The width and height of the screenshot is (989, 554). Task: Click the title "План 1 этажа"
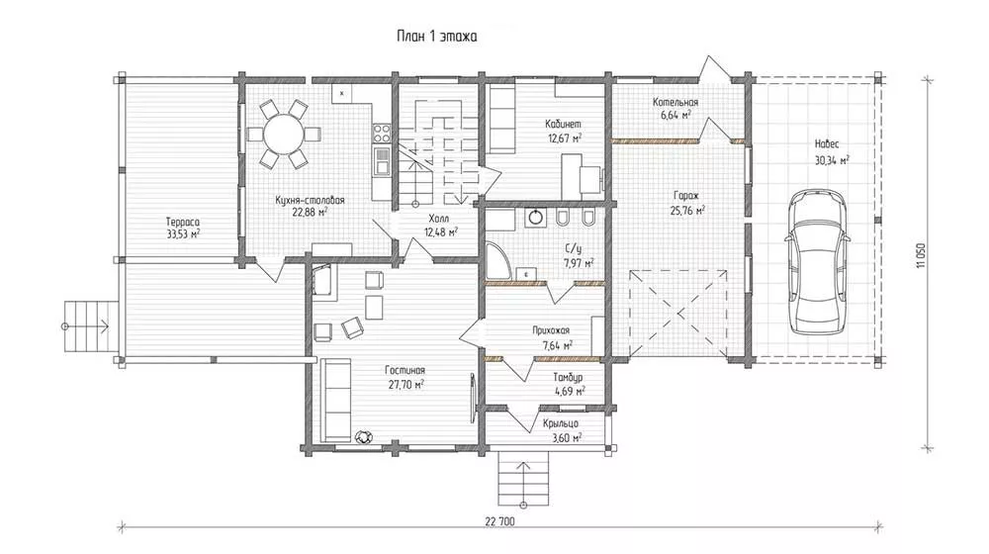tap(436, 36)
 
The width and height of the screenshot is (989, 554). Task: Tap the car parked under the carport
tap(818, 262)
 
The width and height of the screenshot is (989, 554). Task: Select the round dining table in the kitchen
tap(284, 135)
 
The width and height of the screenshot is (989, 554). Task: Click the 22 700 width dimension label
tap(499, 521)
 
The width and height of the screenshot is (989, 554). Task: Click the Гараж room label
tap(685, 196)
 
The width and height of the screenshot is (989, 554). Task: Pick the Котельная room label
tap(675, 102)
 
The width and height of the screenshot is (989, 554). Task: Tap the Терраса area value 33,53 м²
tap(183, 234)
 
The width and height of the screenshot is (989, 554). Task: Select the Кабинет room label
tap(565, 125)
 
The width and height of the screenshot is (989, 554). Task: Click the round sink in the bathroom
tap(535, 217)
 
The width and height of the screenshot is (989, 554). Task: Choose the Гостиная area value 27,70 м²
tap(406, 384)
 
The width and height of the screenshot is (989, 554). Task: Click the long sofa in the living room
tap(335, 400)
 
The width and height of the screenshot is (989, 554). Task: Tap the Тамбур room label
tap(569, 377)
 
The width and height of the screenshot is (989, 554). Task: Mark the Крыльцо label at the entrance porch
tap(561, 423)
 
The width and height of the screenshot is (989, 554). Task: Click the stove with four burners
tap(381, 133)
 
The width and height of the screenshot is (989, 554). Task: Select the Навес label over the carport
tap(827, 144)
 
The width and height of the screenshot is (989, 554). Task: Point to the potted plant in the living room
tap(363, 436)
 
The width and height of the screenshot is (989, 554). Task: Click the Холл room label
tap(439, 219)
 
